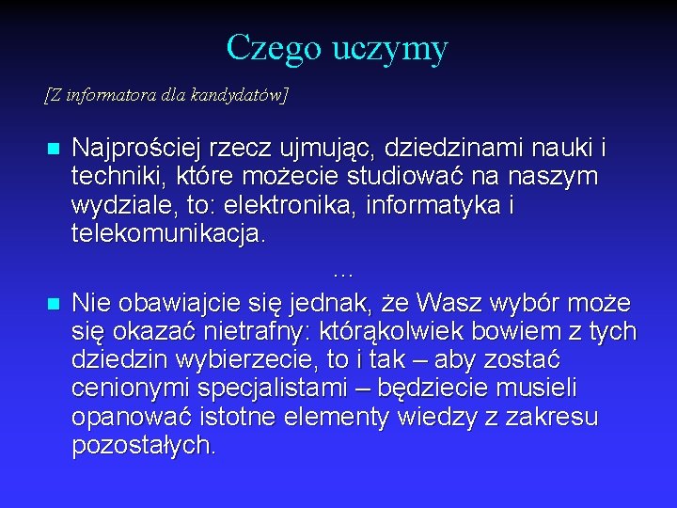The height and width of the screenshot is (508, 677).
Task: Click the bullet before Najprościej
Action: (53, 150)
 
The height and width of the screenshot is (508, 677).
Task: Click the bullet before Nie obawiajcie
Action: (53, 305)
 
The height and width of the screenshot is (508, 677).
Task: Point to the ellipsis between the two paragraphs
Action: (342, 272)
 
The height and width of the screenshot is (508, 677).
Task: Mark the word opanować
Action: (130, 417)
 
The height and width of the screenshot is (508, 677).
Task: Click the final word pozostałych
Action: (143, 445)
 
